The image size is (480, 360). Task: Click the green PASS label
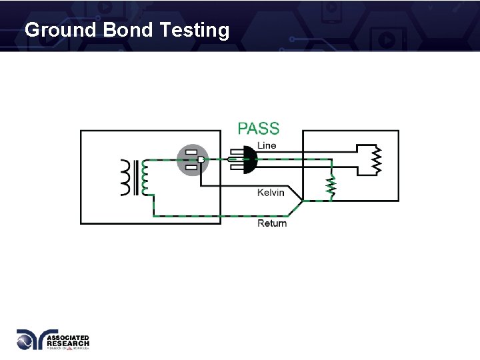click(x=259, y=129)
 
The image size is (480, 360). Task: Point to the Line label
click(x=267, y=146)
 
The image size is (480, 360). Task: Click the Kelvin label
click(x=271, y=193)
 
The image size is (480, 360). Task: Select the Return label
click(x=272, y=223)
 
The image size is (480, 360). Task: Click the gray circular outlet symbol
click(x=192, y=160)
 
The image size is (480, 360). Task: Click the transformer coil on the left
click(x=127, y=177)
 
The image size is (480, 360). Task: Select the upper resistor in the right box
click(x=377, y=160)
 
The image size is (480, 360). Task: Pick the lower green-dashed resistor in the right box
click(x=330, y=188)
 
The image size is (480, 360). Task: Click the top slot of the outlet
click(x=191, y=153)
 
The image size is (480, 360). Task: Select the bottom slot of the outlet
click(x=191, y=167)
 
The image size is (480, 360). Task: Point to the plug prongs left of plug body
click(x=233, y=159)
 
